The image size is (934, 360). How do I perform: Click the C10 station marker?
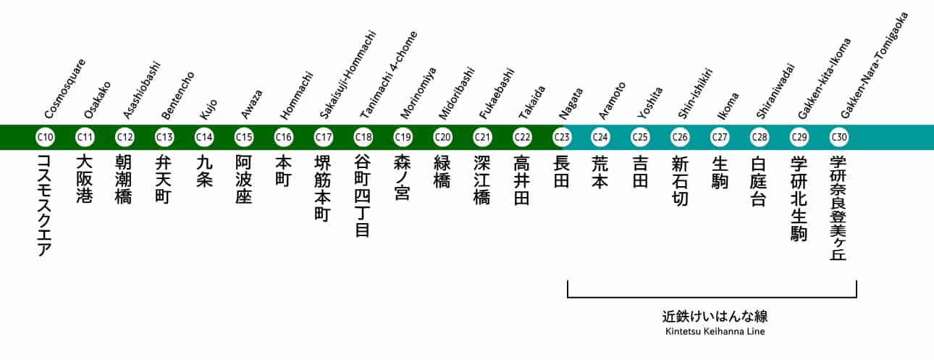pos(45,137)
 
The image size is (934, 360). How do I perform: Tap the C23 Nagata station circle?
pos(562,137)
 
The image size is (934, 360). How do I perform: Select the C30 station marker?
pos(839,137)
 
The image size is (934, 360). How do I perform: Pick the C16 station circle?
pos(284,137)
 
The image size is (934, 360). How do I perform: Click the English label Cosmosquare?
pos(65,88)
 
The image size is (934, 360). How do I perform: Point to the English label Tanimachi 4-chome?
pos(388,75)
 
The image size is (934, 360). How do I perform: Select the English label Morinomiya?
pos(418,93)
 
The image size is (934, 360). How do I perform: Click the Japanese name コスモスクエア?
pos(45,206)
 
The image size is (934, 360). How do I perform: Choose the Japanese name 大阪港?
pos(85,179)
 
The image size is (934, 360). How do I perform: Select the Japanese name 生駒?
pos(720,171)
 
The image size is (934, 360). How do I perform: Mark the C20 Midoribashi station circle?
pos(442,137)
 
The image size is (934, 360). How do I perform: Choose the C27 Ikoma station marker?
pos(720,137)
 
